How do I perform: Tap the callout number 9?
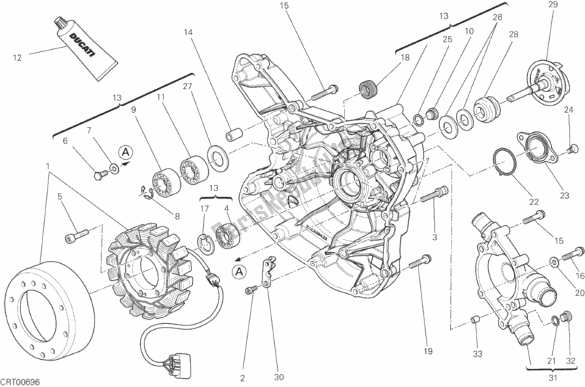[x=134, y=111]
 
